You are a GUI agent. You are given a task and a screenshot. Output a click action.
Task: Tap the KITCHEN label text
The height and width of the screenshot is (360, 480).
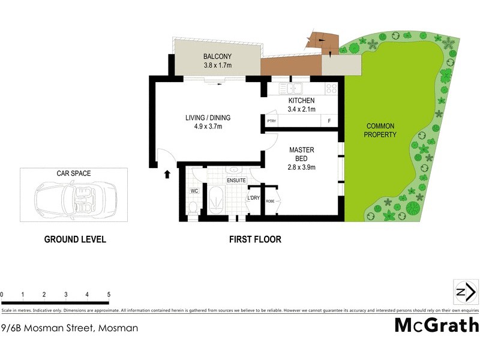pyautogui.click(x=301, y=100)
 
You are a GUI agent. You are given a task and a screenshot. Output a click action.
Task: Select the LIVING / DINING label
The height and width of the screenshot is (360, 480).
pyautogui.click(x=208, y=118)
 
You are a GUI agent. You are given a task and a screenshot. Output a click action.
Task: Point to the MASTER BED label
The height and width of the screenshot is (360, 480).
pyautogui.click(x=302, y=149)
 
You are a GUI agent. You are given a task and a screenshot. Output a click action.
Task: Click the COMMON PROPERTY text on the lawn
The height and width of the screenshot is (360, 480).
pyautogui.click(x=380, y=130)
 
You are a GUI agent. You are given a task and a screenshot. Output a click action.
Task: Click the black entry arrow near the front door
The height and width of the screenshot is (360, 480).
pyautogui.click(x=167, y=174)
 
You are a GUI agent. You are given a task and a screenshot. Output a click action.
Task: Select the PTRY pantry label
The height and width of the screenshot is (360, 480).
pyautogui.click(x=271, y=121)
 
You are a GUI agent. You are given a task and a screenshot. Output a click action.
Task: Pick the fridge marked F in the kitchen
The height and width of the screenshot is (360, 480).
pyautogui.click(x=329, y=121)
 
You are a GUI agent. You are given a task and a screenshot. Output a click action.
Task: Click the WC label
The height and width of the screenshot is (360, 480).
pyautogui.click(x=194, y=191)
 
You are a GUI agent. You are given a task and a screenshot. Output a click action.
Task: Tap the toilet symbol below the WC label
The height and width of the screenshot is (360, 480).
pyautogui.click(x=193, y=207)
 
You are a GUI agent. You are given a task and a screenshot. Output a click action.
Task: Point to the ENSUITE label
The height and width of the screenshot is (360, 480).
pyautogui.click(x=236, y=179)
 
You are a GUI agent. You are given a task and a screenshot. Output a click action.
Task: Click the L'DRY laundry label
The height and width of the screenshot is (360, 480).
pyautogui.click(x=253, y=198)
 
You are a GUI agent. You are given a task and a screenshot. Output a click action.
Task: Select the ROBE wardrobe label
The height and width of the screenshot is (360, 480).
pyautogui.click(x=270, y=202)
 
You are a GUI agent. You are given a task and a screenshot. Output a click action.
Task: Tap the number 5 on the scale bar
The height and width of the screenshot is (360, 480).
pyautogui.click(x=109, y=295)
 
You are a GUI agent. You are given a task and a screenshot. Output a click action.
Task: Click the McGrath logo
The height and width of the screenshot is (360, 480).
pyautogui.click(x=436, y=325)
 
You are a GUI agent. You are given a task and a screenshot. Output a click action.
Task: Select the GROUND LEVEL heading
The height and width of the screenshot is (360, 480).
pyautogui.click(x=75, y=239)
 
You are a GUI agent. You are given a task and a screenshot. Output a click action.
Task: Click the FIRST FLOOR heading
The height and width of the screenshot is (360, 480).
pyautogui.click(x=255, y=239)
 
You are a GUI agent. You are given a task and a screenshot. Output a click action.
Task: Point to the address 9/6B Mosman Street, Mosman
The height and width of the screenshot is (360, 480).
pyautogui.click(x=70, y=328)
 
